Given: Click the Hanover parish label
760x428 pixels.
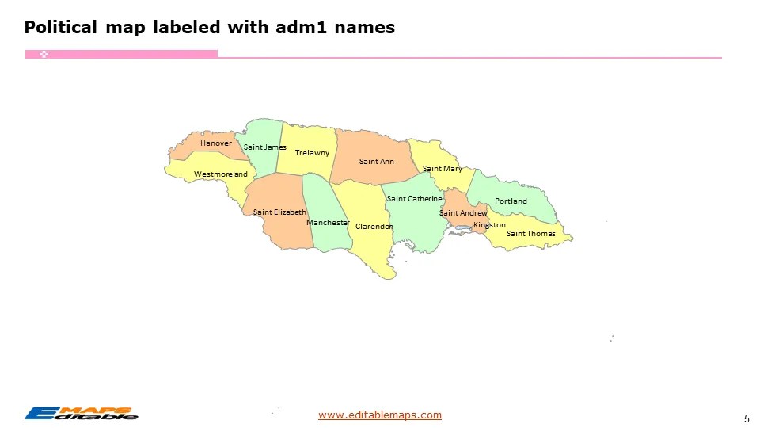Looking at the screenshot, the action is tap(216, 143).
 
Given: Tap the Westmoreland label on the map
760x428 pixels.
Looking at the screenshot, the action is tap(221, 174).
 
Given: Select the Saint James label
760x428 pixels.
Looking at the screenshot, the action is tap(265, 147).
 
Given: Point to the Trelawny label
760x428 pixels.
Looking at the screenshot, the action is tap(312, 152).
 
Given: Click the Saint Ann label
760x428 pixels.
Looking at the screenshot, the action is tap(377, 162).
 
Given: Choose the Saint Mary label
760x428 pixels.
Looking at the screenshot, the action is tap(443, 169).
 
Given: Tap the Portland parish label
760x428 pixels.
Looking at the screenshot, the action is tap(511, 201).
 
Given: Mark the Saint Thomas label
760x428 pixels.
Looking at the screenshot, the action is tap(530, 234).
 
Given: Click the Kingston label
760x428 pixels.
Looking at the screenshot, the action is tap(489, 225).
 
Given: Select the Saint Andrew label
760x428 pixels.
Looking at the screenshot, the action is tap(463, 213).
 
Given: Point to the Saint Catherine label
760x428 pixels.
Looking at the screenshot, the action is tap(414, 198).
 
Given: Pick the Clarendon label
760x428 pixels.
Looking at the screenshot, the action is tap(374, 227).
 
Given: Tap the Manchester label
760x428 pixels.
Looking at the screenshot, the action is tap(328, 223).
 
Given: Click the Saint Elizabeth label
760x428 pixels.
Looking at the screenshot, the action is tap(279, 212).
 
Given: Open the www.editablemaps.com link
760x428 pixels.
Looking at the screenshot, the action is tap(380, 415).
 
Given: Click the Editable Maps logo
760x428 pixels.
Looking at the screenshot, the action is tap(81, 413).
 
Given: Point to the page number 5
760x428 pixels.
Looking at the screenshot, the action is tap(747, 418).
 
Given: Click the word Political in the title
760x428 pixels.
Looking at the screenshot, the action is tap(59, 28).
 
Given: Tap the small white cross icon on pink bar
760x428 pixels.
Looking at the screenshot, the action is tap(45, 54).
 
